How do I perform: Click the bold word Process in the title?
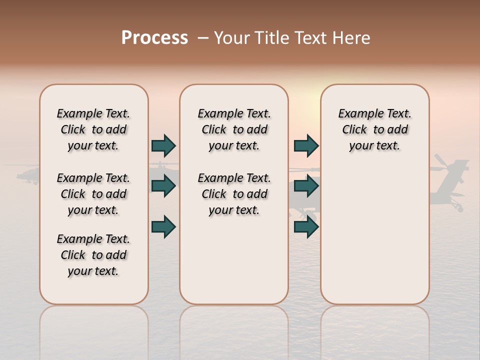pos(154,38)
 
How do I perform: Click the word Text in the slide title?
pos(311,38)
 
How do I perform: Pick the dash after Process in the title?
pos(202,38)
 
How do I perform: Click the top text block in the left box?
pos(93,129)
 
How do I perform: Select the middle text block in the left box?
pos(93,194)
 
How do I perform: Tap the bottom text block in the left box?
pos(93,255)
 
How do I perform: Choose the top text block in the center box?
pos(234,129)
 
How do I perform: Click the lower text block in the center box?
pos(234,194)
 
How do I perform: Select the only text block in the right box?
pos(374,129)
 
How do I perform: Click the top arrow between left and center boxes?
pos(163,145)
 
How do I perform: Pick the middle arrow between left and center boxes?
pos(163,186)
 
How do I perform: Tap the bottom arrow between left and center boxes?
pos(163,226)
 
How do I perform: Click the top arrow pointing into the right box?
pos(306,145)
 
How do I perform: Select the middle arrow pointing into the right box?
pos(306,186)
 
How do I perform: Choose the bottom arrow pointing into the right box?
pos(306,226)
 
